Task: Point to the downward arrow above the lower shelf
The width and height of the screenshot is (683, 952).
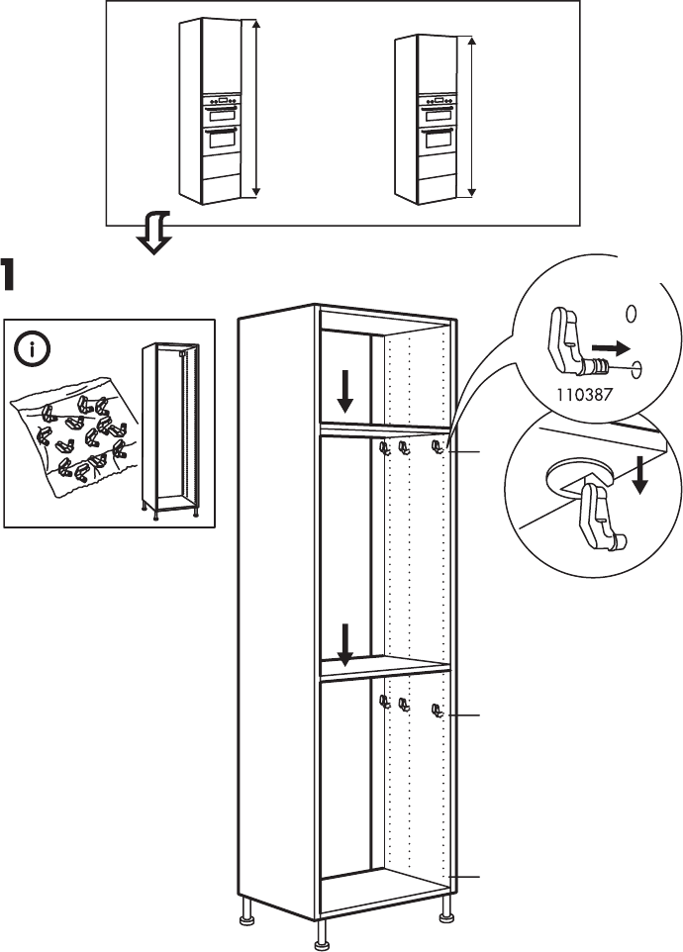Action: (345, 644)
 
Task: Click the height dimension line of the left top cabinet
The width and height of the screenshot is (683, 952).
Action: (255, 109)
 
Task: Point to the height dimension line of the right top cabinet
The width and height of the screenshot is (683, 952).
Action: (470, 118)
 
